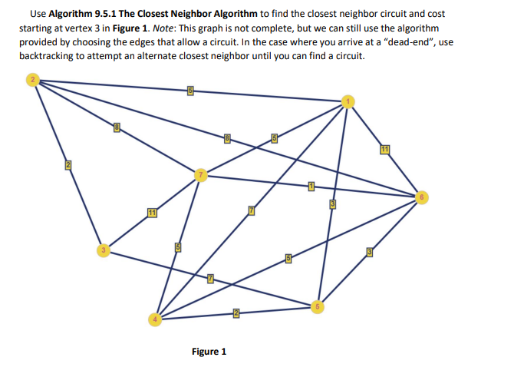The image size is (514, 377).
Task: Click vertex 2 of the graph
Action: coord(32,80)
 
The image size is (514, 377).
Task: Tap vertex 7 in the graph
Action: coord(202,174)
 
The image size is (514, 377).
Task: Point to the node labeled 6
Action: coord(420,197)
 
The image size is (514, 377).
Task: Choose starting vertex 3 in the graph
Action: coord(102,250)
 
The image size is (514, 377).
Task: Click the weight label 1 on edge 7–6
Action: coord(311,186)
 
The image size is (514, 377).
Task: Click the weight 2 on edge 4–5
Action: coord(237,312)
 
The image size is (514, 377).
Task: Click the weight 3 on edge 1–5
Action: coord(333,203)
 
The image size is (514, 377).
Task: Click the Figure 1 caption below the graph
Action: coord(209,352)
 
